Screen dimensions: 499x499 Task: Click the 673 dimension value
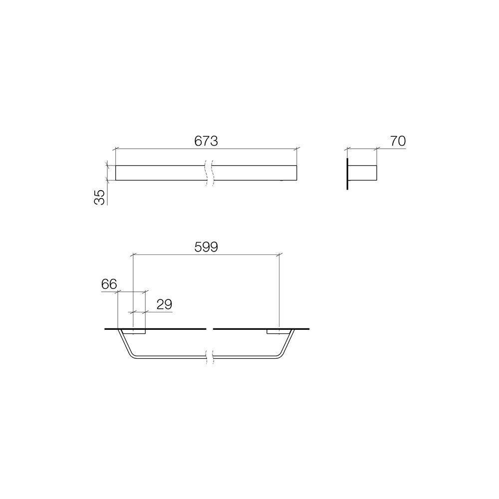pos(206,141)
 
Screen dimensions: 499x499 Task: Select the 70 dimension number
pos(398,141)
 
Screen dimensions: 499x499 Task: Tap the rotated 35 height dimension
pos(100,197)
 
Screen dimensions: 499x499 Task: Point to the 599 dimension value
pos(206,247)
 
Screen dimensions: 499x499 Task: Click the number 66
pos(109,284)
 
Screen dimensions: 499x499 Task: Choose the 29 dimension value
pos(164,304)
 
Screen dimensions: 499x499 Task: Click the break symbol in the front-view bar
pos(209,173)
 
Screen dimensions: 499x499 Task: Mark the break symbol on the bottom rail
pos(209,357)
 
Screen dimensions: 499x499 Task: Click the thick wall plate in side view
pos(347,173)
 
